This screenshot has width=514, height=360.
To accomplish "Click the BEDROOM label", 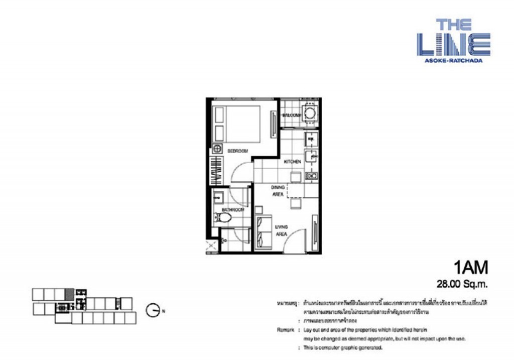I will pyautogui.click(x=237, y=151).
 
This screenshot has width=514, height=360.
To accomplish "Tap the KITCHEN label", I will pyautogui.click(x=292, y=162).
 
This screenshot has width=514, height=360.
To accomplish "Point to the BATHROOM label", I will pyautogui.click(x=233, y=209).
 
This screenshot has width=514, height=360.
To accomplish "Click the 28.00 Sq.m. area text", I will pyautogui.click(x=462, y=284).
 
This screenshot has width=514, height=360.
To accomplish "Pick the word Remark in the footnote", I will pyautogui.click(x=284, y=329).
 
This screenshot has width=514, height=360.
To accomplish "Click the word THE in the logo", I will pyautogui.click(x=453, y=25).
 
